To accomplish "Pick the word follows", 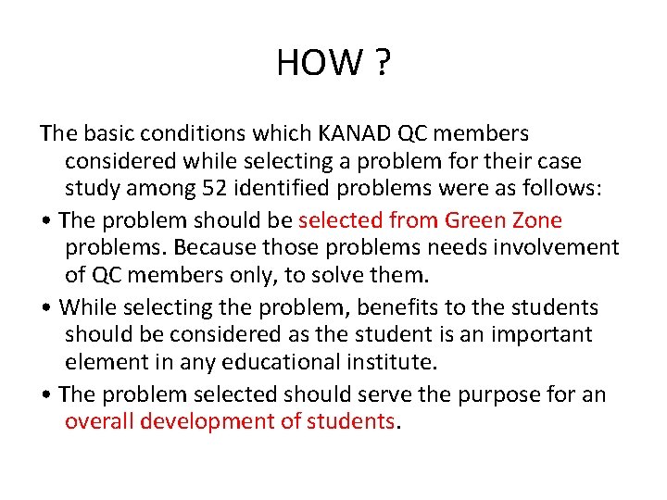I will coord(561,189).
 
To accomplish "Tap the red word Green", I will coord(477,220).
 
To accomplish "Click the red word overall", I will coord(98,421).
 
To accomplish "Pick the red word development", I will coord(211,422).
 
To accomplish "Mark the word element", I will coord(106,362).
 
